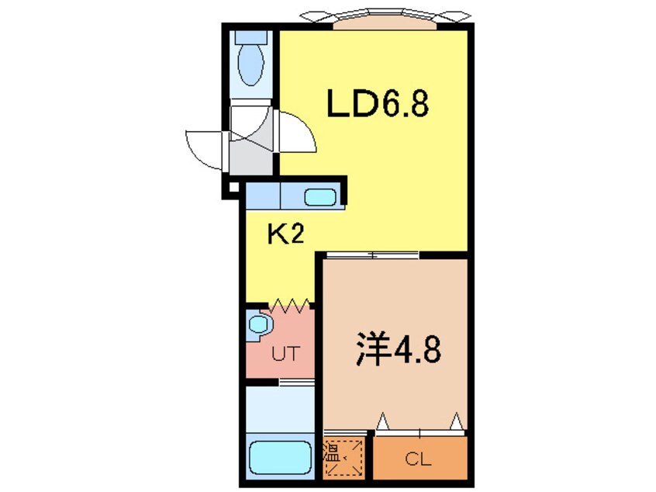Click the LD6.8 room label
[x=377, y=104]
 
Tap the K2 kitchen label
[x=285, y=234]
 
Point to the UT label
[x=285, y=358]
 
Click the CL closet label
[x=420, y=459]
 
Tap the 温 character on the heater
[x=331, y=452]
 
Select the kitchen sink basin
[x=319, y=197]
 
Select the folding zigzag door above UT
[x=291, y=305]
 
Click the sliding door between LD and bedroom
[x=372, y=255]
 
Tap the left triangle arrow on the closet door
[x=382, y=421]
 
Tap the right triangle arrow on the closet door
[x=457, y=421]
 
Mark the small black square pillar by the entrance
[x=231, y=188]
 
